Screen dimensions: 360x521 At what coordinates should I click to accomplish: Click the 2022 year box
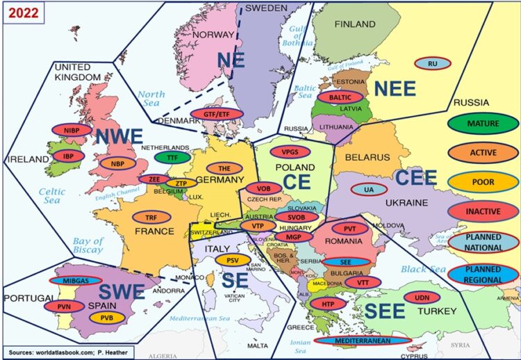click(x=22, y=12)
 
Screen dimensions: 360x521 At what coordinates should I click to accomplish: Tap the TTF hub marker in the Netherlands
click(x=167, y=158)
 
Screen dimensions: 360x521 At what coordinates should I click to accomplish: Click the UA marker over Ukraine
click(x=369, y=189)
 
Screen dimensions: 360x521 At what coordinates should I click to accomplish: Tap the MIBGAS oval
click(x=76, y=281)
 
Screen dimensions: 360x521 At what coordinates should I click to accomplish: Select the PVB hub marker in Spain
click(x=107, y=318)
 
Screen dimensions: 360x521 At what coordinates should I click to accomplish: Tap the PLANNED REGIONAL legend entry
click(x=483, y=274)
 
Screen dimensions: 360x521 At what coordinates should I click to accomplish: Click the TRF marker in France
click(x=150, y=217)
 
